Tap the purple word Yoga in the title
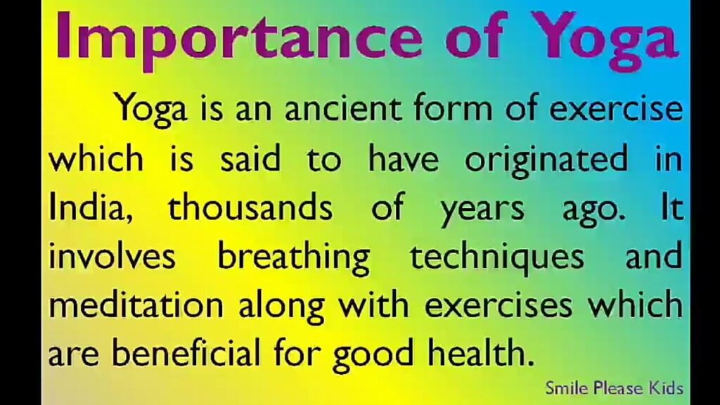click(x=605, y=41)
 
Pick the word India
click(x=86, y=207)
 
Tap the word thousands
click(x=250, y=207)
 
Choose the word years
click(x=482, y=211)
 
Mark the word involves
click(x=112, y=255)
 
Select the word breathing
click(x=293, y=258)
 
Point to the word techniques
click(x=496, y=258)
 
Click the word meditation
click(x=136, y=305)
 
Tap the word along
click(x=281, y=308)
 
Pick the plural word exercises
click(x=499, y=305)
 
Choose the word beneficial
click(x=186, y=354)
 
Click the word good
click(x=373, y=356)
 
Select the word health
click(x=481, y=354)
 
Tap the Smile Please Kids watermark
click(x=614, y=388)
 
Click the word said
click(x=250, y=158)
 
